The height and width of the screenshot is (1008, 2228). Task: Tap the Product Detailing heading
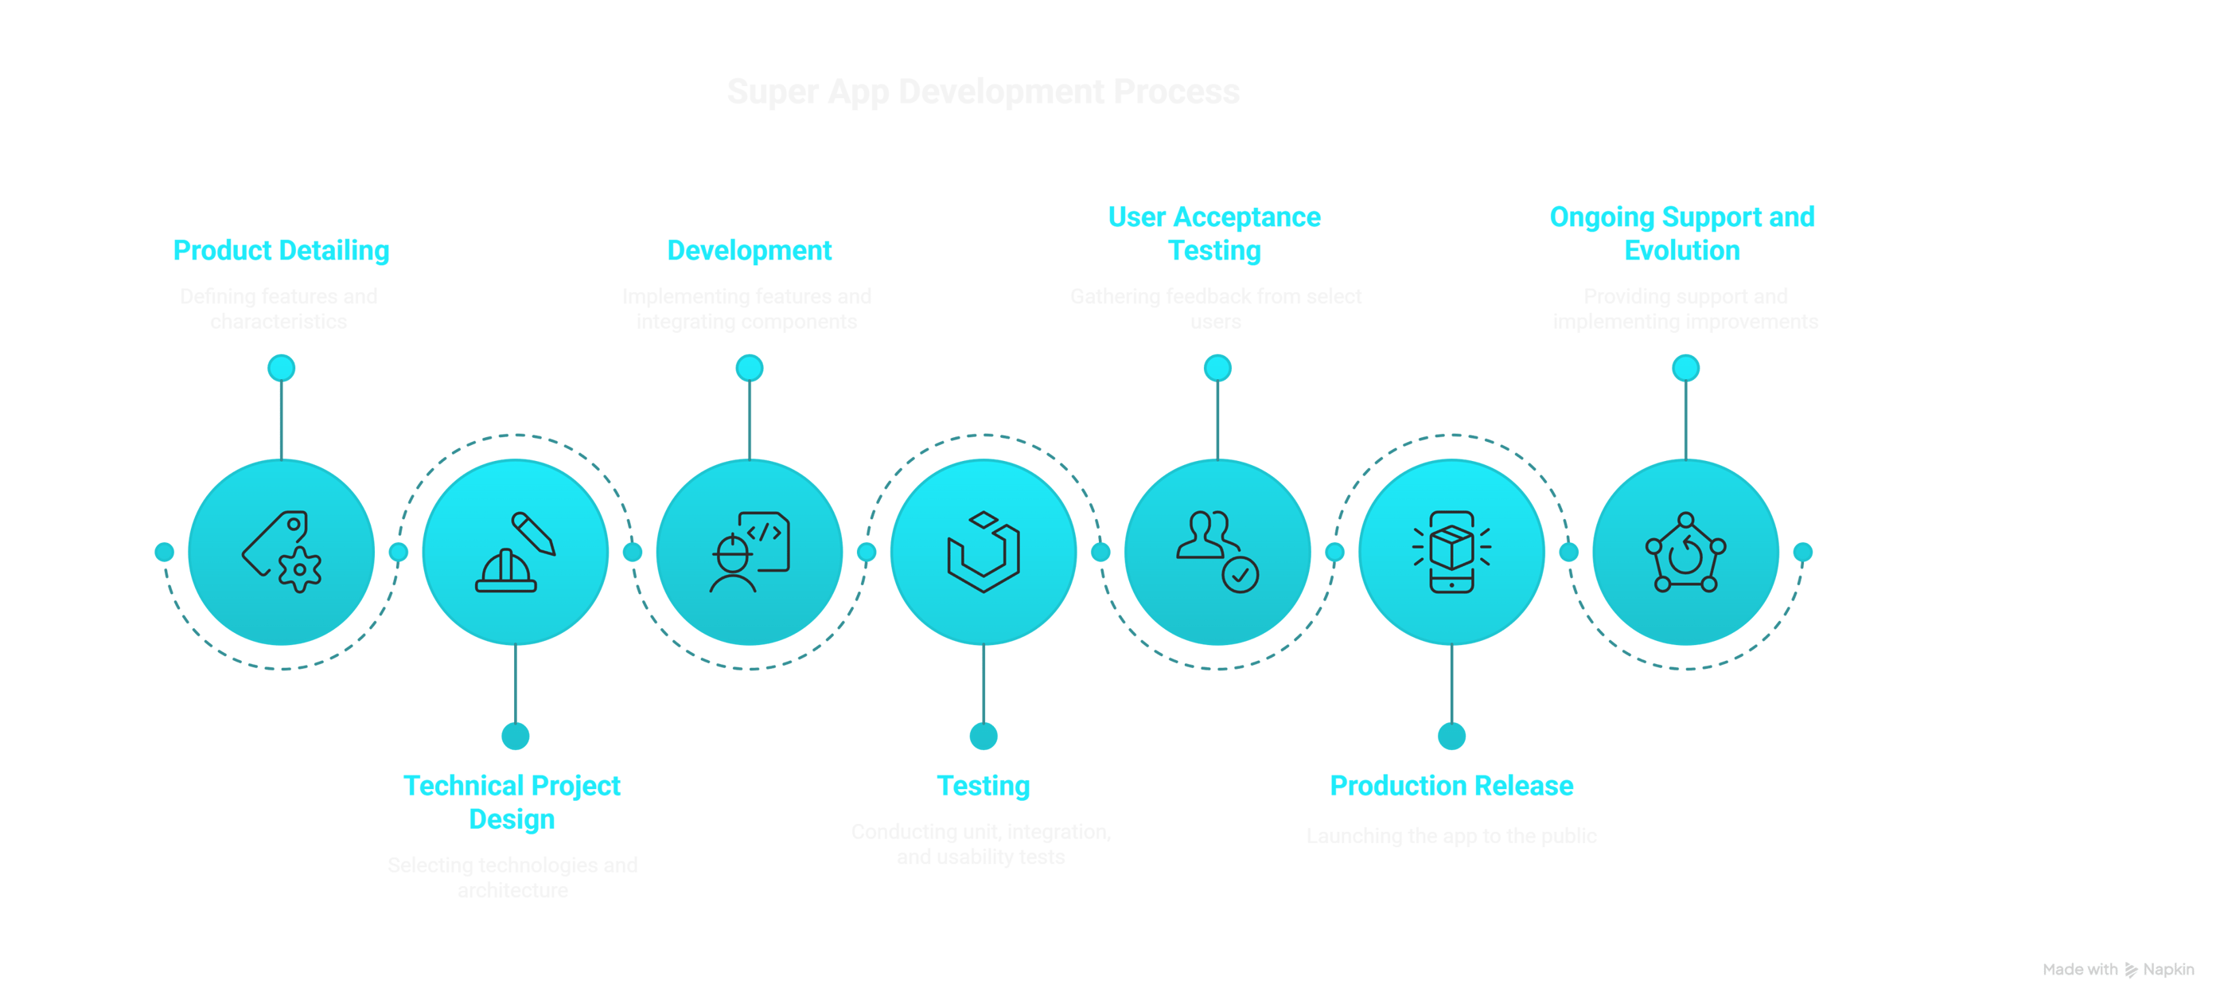(281, 250)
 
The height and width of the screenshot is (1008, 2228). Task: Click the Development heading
(749, 250)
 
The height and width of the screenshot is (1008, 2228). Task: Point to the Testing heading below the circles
(984, 786)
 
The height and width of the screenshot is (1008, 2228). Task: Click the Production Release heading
(1451, 786)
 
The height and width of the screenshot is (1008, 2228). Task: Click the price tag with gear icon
(281, 552)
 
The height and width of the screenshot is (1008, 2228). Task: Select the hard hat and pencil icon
(516, 552)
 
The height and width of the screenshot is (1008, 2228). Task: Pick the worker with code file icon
(749, 552)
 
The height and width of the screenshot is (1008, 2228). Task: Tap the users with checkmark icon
(1217, 552)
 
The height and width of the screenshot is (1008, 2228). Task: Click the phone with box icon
(1451, 552)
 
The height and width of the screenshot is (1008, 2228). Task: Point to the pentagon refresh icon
(1685, 552)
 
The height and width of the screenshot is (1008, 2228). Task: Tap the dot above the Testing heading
(984, 736)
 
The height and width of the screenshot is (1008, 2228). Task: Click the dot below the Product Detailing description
(281, 368)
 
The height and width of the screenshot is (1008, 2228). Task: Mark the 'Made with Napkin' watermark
(2118, 970)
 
